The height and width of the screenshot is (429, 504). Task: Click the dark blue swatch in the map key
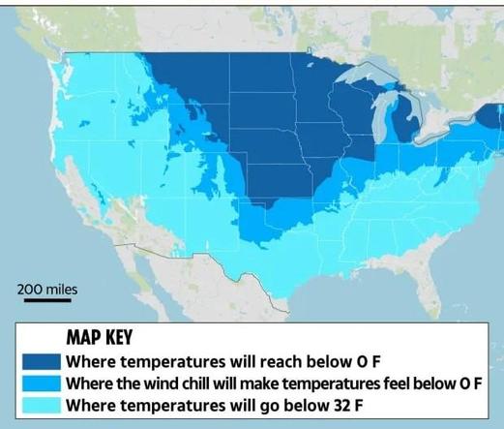coord(42,361)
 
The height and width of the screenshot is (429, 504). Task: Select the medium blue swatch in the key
coord(42,383)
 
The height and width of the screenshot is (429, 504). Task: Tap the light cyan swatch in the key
coord(42,405)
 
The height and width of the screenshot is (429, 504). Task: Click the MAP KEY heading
coord(100,338)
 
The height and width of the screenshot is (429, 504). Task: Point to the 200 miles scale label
coord(47,290)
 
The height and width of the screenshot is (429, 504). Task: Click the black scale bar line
coord(47,300)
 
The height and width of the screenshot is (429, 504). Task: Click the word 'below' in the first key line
coord(329,361)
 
